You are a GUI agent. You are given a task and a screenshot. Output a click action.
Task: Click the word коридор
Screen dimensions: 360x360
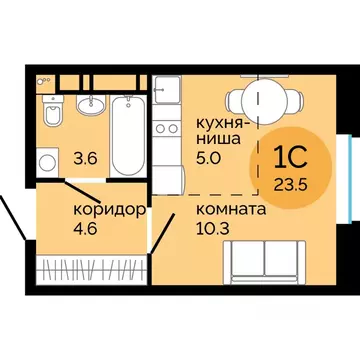111,210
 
